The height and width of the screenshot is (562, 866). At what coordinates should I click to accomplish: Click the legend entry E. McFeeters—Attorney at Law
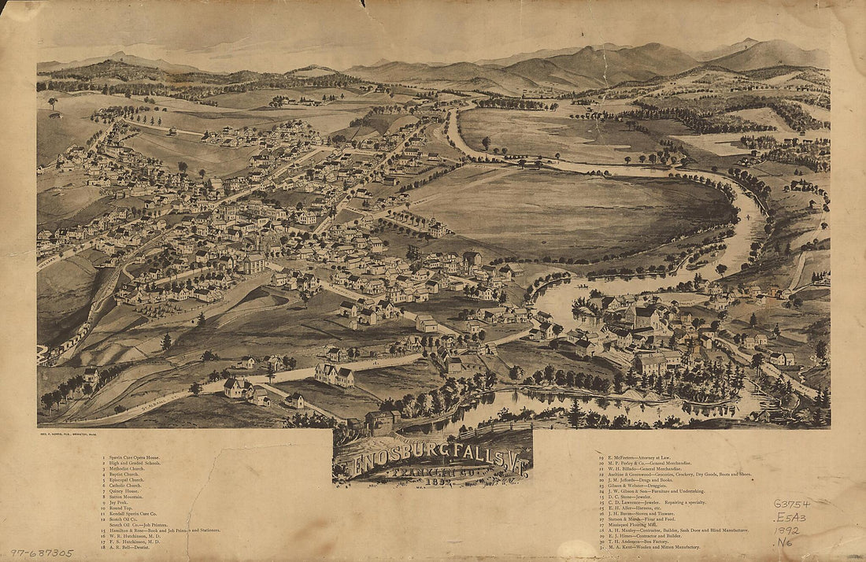point(638,457)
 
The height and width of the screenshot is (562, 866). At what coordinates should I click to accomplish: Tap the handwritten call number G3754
point(790,503)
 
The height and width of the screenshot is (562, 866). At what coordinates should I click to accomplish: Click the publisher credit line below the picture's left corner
point(78,434)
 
